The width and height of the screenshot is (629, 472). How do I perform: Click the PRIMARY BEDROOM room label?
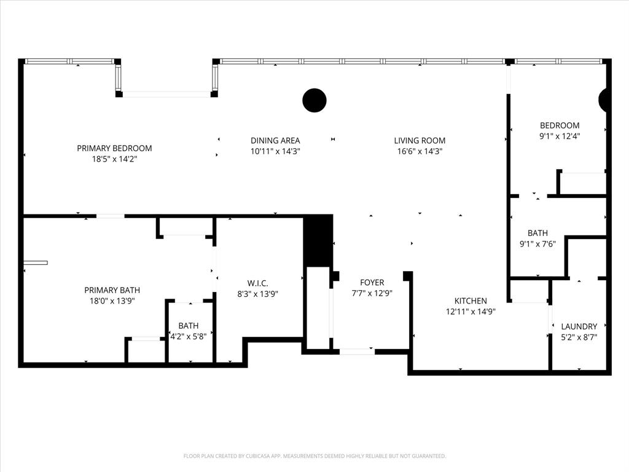[x=114, y=148]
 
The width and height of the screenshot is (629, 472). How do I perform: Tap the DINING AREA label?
[x=275, y=141]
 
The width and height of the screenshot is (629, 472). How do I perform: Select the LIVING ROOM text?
[x=420, y=141]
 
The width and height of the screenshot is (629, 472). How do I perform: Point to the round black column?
[x=314, y=100]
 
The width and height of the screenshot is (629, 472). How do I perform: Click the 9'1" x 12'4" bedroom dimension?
[x=559, y=136]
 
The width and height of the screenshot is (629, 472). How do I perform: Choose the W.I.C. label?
[x=256, y=283]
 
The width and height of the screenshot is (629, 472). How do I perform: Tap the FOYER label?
[x=372, y=283]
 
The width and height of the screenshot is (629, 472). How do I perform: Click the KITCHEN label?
[x=471, y=301]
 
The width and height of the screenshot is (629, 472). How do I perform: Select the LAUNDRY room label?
[x=579, y=326]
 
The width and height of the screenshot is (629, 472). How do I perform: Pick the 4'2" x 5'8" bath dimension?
[x=188, y=336]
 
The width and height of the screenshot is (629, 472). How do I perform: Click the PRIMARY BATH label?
[x=112, y=290]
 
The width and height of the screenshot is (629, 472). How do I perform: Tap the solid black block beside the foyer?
[x=318, y=240]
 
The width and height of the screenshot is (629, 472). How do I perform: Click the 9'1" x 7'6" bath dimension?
[x=537, y=243]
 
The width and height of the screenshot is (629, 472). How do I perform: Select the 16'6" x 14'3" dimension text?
[x=420, y=151]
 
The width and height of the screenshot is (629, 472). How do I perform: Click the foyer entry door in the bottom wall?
[x=357, y=352]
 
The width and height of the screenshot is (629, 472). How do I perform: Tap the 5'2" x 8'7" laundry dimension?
[x=579, y=337]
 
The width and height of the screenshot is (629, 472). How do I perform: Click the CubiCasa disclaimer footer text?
[x=314, y=456]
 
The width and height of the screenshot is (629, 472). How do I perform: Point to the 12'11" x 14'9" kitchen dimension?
[x=471, y=311]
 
